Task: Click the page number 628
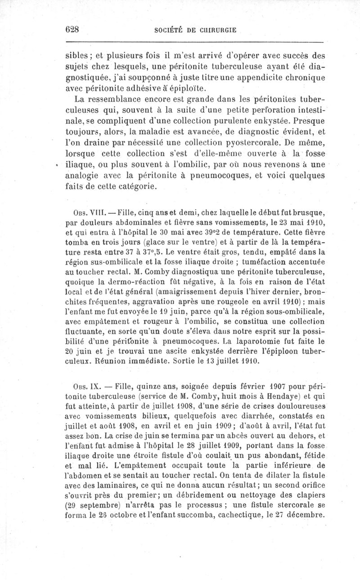72,30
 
